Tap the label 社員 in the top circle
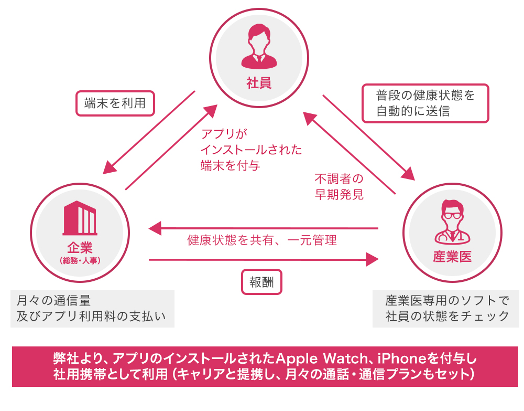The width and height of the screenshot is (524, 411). click(259, 83)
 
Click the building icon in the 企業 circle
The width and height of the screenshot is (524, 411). click(80, 219)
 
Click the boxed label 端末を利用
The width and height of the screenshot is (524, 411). click(115, 103)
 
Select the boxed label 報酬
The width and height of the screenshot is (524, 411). click(261, 282)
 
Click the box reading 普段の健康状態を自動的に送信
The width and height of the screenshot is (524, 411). click(425, 103)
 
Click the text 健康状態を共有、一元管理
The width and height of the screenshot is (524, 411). click(261, 240)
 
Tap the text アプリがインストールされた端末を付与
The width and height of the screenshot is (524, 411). click(251, 150)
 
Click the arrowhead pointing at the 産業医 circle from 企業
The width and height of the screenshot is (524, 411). click(373, 259)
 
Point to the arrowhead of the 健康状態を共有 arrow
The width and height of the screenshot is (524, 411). click(155, 228)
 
